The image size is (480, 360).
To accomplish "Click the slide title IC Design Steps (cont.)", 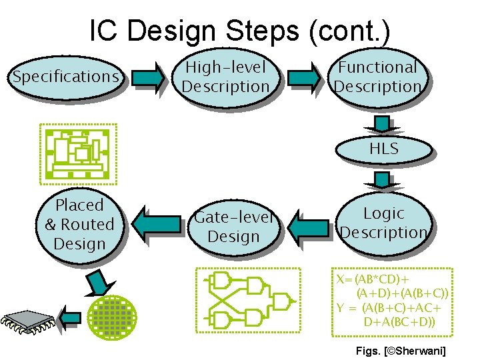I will pyautogui.click(x=239, y=31).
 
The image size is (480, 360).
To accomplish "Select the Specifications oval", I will pyautogui.click(x=65, y=77).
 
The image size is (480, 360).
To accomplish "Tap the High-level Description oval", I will pyautogui.click(x=225, y=77).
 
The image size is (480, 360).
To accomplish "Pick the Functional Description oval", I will pyautogui.click(x=377, y=77).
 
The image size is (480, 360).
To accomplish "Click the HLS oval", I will pyautogui.click(x=383, y=149).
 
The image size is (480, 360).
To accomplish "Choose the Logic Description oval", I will pyautogui.click(x=383, y=223).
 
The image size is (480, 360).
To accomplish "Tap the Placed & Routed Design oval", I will pyautogui.click(x=79, y=225).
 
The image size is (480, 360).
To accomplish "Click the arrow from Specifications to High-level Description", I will pyautogui.click(x=147, y=77).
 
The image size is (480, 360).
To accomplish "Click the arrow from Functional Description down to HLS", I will pyautogui.click(x=382, y=124).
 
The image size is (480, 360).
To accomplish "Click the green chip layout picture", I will pyautogui.click(x=78, y=154).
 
